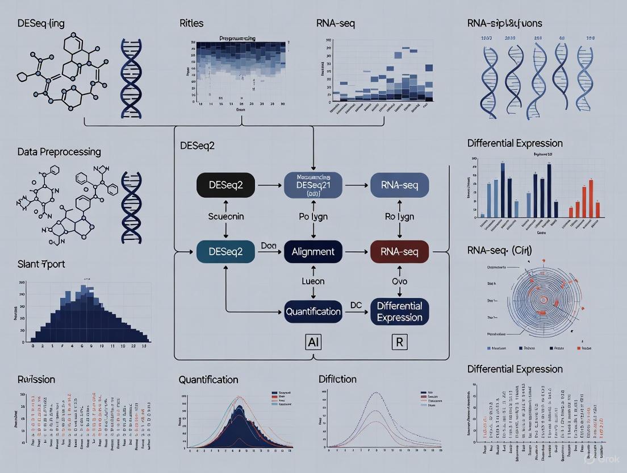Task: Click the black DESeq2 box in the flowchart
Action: [x=225, y=185]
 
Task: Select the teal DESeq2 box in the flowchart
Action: [x=225, y=251]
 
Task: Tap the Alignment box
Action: [x=313, y=251]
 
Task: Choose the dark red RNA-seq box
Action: [x=399, y=251]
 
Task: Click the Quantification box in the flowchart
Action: [x=313, y=311]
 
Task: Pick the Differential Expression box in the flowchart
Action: [x=399, y=311]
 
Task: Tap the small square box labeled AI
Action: [x=313, y=343]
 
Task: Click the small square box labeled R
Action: [x=400, y=343]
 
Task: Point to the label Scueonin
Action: [x=225, y=217]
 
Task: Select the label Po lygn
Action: [x=313, y=217]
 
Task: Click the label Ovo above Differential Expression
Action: [x=400, y=281]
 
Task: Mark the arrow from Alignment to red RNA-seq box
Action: [x=356, y=251]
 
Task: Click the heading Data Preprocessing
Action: [x=59, y=152]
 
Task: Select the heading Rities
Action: [x=191, y=23]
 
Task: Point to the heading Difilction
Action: [x=337, y=379]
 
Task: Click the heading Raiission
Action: [x=36, y=379]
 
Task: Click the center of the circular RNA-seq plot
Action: [x=544, y=299]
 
